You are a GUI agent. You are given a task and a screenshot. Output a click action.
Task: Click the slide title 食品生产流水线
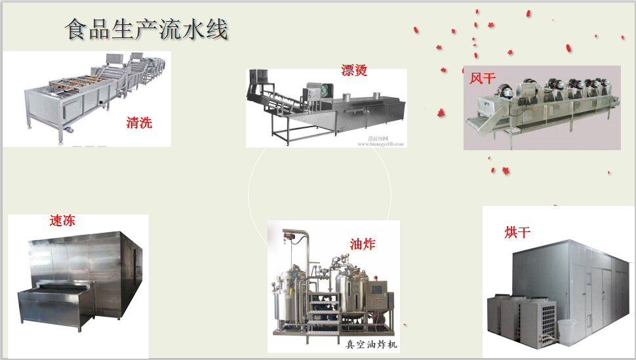click(146, 30)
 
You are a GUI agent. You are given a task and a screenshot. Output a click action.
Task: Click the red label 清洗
click(139, 123)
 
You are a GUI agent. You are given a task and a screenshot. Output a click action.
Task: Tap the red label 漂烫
click(354, 70)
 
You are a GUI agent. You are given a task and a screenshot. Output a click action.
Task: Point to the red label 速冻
click(67, 221)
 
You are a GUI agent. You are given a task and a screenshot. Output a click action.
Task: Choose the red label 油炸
click(362, 245)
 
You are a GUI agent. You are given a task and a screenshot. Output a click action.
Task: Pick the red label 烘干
click(517, 233)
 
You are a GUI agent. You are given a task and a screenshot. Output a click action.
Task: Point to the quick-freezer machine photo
click(79, 282)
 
